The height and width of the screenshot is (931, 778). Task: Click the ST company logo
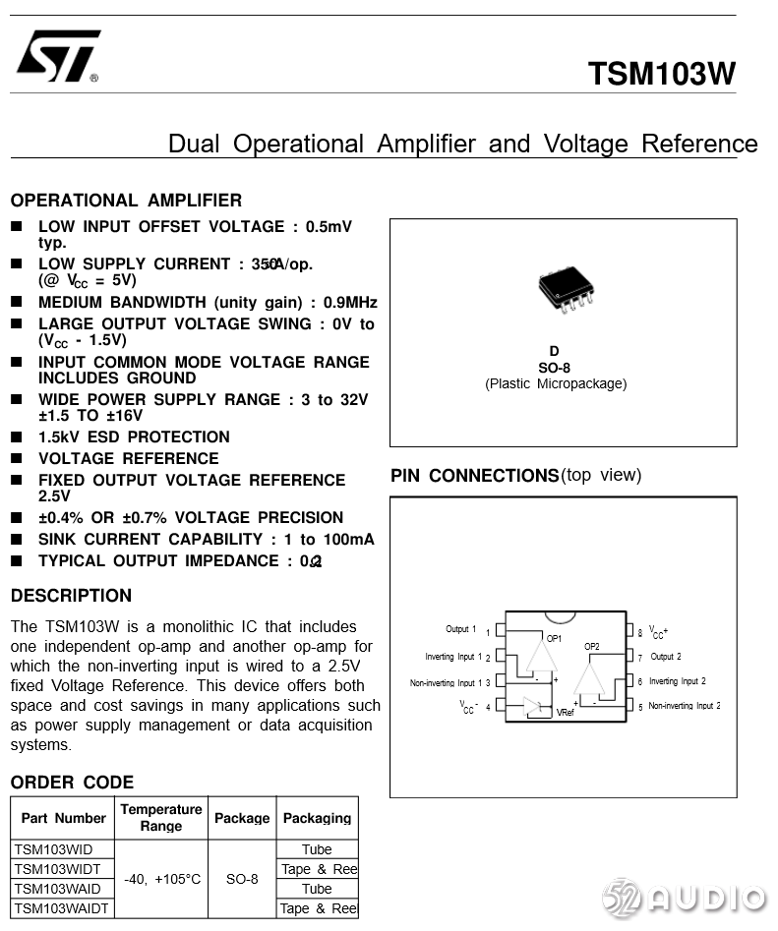(x=58, y=56)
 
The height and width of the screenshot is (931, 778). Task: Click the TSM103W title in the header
(x=661, y=75)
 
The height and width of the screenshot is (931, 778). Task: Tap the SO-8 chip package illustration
(x=566, y=289)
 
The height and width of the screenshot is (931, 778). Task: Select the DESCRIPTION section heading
(x=71, y=596)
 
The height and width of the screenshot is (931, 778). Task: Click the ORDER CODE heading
(x=72, y=783)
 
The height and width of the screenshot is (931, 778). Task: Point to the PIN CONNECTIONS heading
(x=474, y=476)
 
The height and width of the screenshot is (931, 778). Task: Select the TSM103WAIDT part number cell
(x=61, y=908)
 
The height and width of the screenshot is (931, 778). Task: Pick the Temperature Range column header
(x=161, y=817)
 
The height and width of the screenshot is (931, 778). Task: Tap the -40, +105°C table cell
(x=161, y=879)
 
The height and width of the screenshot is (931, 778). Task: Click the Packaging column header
(x=317, y=818)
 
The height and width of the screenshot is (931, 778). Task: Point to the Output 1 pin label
(x=460, y=629)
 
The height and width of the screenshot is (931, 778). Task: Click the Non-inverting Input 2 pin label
(x=684, y=706)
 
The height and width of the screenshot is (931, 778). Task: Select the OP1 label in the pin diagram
(x=554, y=638)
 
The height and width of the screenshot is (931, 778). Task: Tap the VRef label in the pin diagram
(x=565, y=712)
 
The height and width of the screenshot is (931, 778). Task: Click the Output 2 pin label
(x=665, y=657)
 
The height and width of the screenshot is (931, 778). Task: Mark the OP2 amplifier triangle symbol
(x=590, y=677)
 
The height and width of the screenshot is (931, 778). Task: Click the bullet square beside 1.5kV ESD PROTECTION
(x=17, y=437)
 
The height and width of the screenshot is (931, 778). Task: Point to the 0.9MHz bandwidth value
(x=350, y=303)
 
